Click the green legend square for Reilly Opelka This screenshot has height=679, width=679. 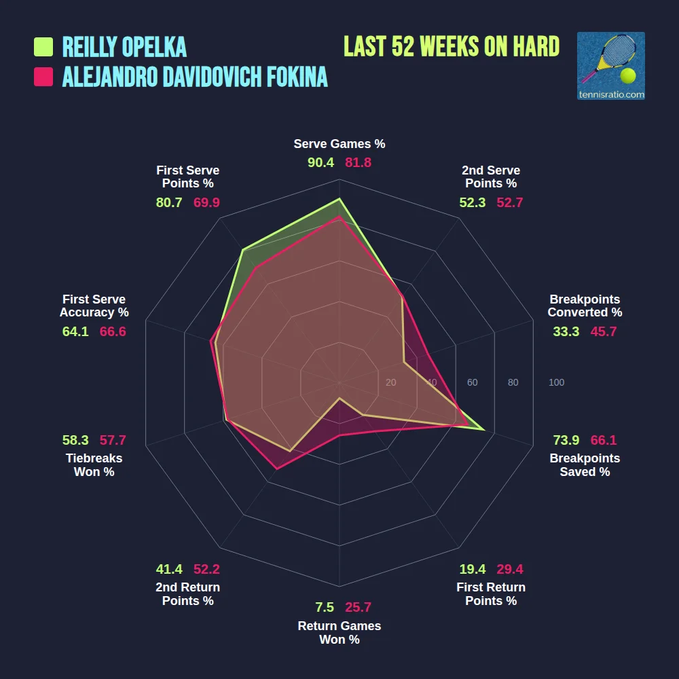click(x=43, y=47)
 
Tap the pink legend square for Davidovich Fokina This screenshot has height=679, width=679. click(x=43, y=77)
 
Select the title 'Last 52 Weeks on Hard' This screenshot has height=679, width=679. click(x=452, y=47)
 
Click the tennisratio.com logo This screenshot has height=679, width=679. click(x=610, y=66)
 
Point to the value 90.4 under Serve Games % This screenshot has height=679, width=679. click(x=320, y=163)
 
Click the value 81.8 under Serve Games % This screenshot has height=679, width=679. click(x=359, y=163)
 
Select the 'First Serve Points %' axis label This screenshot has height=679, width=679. click(x=187, y=177)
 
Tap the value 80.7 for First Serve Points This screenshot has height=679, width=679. click(x=168, y=202)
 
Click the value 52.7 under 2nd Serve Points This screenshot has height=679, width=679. click(x=510, y=202)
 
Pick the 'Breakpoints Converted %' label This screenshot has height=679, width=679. click(x=585, y=306)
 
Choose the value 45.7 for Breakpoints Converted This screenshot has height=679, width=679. click(x=604, y=331)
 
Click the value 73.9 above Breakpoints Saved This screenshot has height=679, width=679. click(x=566, y=440)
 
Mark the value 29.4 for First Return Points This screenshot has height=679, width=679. click(x=510, y=569)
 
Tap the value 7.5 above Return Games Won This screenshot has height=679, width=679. click(x=325, y=607)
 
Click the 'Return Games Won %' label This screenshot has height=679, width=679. click(x=339, y=632)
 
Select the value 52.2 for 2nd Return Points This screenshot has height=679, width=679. click(x=206, y=569)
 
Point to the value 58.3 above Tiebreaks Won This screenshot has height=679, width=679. click(x=75, y=440)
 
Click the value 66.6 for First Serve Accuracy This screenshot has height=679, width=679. click(x=113, y=331)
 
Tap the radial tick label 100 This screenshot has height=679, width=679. click(x=556, y=382)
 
